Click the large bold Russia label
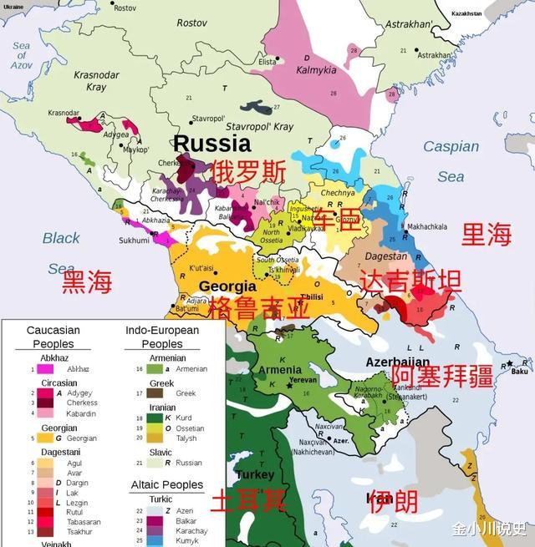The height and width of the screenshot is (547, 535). tap(211, 143)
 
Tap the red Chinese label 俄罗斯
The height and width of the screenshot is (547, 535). tap(248, 172)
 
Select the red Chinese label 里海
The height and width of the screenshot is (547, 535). tap(487, 235)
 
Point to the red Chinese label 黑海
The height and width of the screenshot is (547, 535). tap(87, 281)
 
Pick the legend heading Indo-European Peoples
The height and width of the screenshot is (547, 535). tap(162, 337)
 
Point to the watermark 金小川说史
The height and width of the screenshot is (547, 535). tap(489, 529)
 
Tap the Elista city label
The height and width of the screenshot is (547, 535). tap(267, 61)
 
